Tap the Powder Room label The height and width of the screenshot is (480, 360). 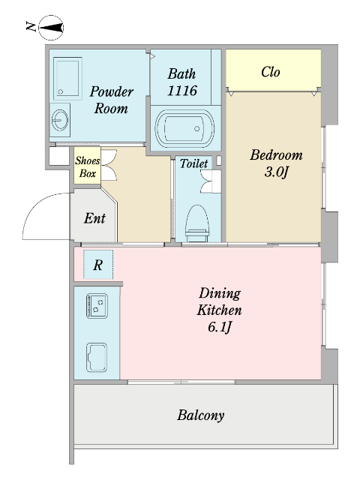pyautogui.click(x=112, y=100)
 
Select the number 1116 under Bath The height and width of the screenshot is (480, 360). pyautogui.click(x=182, y=91)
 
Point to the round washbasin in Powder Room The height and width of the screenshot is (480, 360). pyautogui.click(x=60, y=120)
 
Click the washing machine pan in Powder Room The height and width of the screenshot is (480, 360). pyautogui.click(x=67, y=78)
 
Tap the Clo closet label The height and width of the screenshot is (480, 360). pyautogui.click(x=271, y=72)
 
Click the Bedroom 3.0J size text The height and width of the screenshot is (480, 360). pyautogui.click(x=277, y=172)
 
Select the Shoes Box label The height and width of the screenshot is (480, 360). pyautogui.click(x=88, y=166)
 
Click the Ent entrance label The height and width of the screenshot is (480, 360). pyautogui.click(x=94, y=218)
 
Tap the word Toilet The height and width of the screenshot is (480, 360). pyautogui.click(x=193, y=163)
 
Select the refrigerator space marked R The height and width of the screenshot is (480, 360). pyautogui.click(x=98, y=265)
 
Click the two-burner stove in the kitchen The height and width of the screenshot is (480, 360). pyautogui.click(x=97, y=306)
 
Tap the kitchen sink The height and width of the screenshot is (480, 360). pyautogui.click(x=97, y=358)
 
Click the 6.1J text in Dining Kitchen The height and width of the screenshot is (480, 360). pyautogui.click(x=220, y=327)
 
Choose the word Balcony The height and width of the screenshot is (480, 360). pyautogui.click(x=201, y=415)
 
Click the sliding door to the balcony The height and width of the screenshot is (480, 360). pyautogui.click(x=181, y=382)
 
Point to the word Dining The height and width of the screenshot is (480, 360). pyautogui.click(x=220, y=293)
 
